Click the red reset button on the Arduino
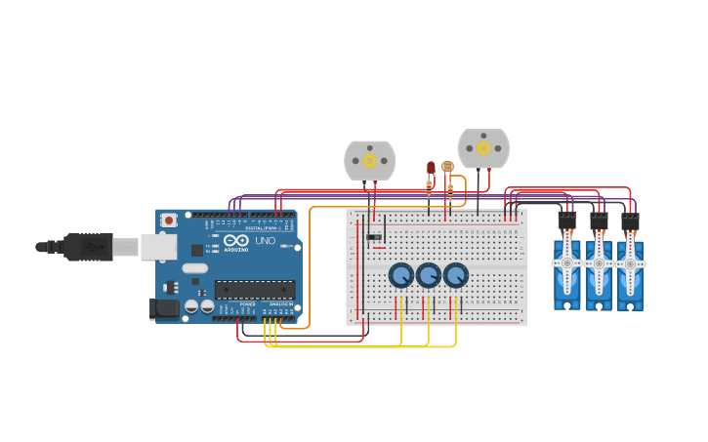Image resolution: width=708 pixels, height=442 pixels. tap(169, 221)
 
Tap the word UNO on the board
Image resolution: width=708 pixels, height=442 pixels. tap(266, 240)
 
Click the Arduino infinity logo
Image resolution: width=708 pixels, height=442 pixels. tap(235, 240)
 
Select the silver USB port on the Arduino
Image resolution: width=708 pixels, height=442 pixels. tap(158, 247)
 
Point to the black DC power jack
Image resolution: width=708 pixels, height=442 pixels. tap(166, 309)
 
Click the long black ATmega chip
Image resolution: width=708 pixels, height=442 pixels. tap(255, 289)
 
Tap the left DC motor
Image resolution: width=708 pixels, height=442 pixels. tap(369, 160)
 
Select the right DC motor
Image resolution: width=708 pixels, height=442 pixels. tap(483, 148)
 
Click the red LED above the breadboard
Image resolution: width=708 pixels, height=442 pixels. tap(430, 169)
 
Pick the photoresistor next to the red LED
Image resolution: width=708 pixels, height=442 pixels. tap(447, 167)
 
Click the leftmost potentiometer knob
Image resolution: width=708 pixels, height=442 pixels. tap(401, 276)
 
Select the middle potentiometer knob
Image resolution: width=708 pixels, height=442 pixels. tap(429, 276)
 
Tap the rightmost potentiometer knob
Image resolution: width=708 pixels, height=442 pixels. tap(456, 276)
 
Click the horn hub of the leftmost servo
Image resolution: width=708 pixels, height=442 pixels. tap(567, 263)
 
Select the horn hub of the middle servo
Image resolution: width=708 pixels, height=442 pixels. tap(599, 263)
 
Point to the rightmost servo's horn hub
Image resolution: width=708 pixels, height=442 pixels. tap(630, 263)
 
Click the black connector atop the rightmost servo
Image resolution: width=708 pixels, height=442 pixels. tap(630, 221)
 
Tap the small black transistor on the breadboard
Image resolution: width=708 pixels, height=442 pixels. tap(372, 236)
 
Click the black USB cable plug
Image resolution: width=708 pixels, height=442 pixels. tap(89, 247)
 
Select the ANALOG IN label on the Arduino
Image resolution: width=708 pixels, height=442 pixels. tap(281, 305)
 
